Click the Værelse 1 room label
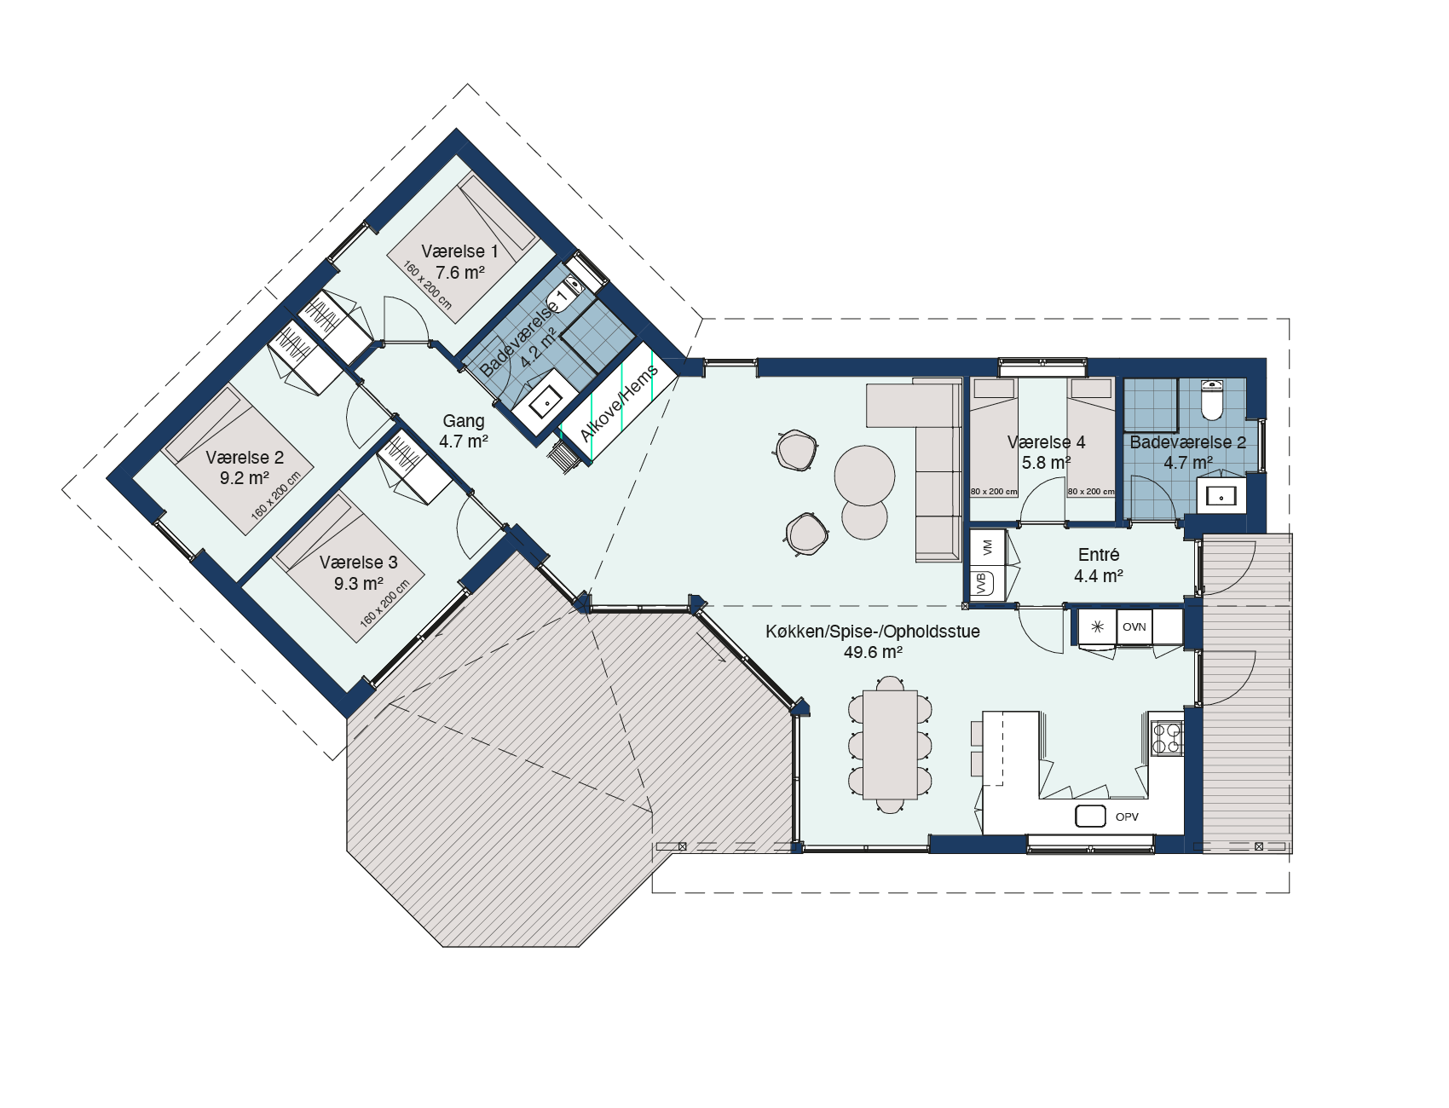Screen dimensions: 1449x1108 click(x=459, y=251)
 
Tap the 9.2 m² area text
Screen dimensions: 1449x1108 click(x=245, y=478)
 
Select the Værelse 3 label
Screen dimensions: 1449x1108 click(x=358, y=563)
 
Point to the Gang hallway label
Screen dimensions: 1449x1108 click(x=464, y=421)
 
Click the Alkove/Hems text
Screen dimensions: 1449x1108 click(x=619, y=403)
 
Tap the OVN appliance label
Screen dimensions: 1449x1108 click(x=1134, y=627)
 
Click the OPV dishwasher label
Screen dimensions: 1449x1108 click(x=1127, y=817)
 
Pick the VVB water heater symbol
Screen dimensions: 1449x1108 click(x=983, y=584)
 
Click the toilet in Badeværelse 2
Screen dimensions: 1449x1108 click(x=1212, y=400)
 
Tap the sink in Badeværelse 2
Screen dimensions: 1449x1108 click(x=1221, y=496)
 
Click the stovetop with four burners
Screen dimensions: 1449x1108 click(x=1167, y=738)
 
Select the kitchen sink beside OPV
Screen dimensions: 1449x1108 click(x=1090, y=816)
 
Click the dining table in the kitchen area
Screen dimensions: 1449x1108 click(x=891, y=745)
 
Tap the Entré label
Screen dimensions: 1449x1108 click(x=1099, y=555)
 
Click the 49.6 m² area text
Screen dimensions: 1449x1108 click(x=873, y=652)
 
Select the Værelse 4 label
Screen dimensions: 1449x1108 click(x=1047, y=442)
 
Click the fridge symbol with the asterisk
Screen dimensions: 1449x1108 click(x=1097, y=627)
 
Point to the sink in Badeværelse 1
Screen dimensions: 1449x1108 click(x=545, y=399)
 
